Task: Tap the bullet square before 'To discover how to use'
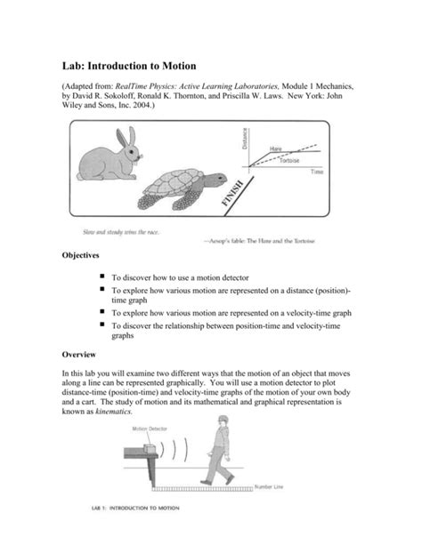(x=104, y=278)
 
